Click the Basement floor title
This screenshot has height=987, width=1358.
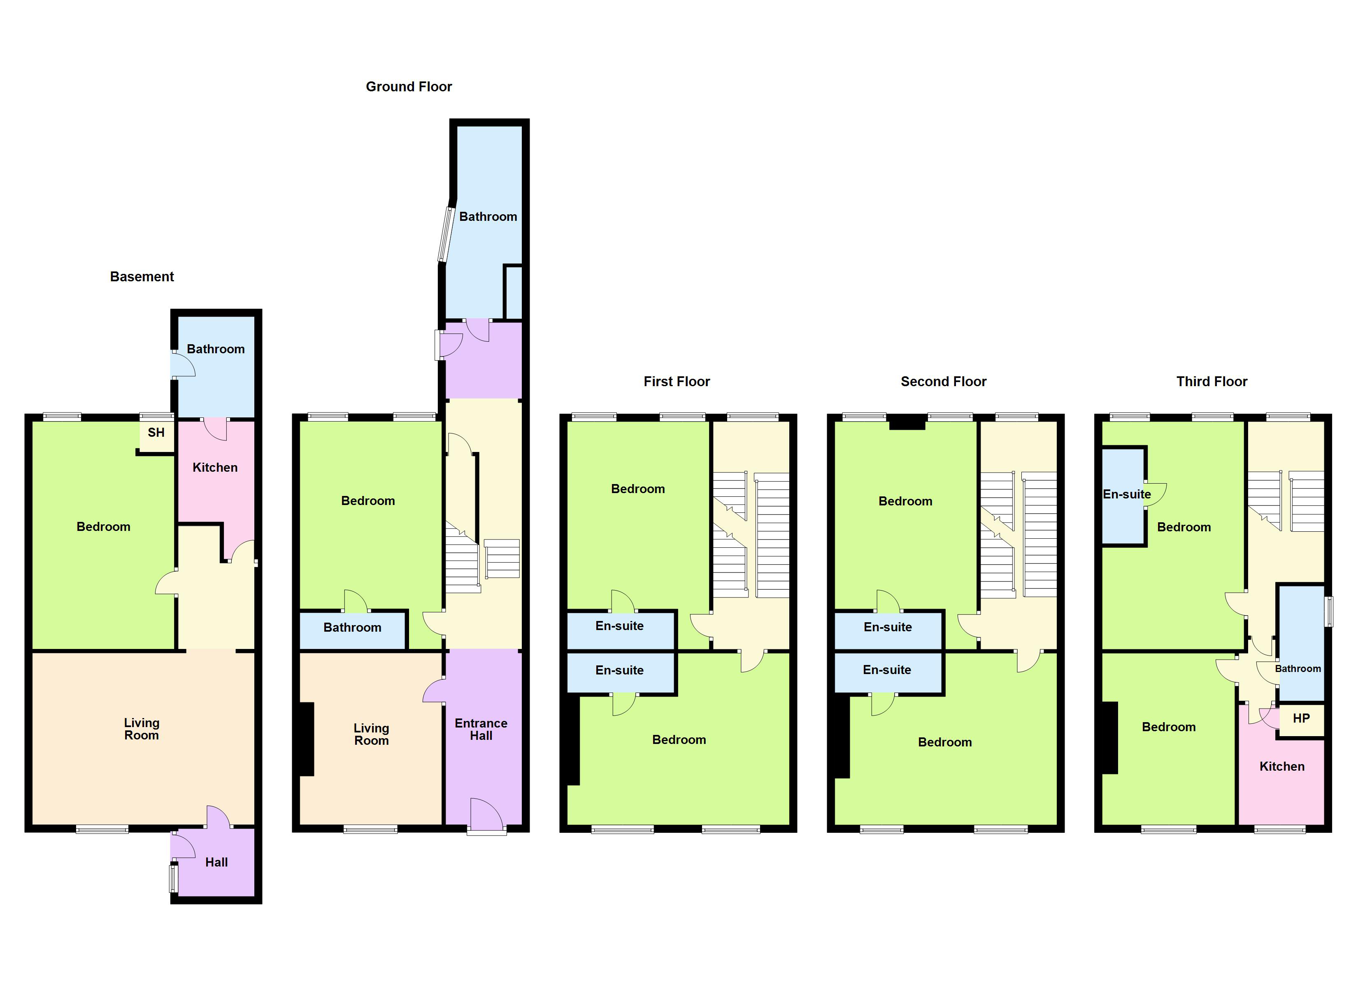point(142,276)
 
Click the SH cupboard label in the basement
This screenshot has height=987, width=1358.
point(156,432)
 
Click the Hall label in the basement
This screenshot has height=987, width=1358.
point(216,862)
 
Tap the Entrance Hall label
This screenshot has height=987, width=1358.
point(481,729)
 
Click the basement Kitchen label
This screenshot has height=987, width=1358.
point(215,468)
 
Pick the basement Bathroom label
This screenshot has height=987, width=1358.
point(216,349)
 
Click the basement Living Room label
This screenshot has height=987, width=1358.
point(141,729)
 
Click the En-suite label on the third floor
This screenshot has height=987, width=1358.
point(1126,494)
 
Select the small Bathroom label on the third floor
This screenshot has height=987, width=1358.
point(1298,669)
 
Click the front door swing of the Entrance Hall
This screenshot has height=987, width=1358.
point(486,814)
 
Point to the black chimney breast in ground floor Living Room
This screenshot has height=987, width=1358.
point(307,739)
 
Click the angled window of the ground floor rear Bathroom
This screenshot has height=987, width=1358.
point(446,235)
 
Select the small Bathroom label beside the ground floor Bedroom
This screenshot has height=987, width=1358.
point(352,627)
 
